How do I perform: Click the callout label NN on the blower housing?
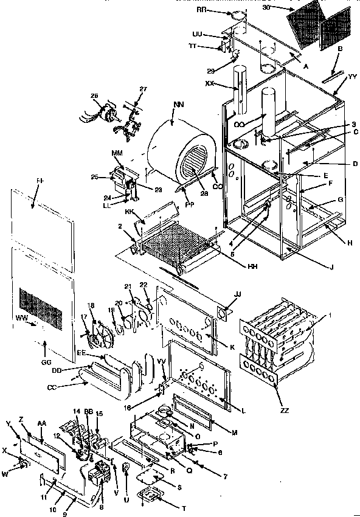point(178,105)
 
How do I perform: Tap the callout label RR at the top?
point(235,12)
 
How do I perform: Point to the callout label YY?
point(353,77)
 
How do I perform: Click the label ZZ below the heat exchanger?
point(285,410)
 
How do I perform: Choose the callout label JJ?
point(237,294)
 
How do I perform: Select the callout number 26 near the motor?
point(94,95)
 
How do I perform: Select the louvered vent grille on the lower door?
point(42,301)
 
